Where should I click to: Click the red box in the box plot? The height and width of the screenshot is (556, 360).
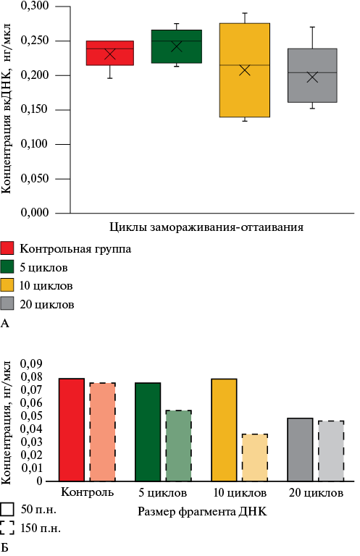coord(110,53)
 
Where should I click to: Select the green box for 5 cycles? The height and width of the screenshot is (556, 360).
coord(177,46)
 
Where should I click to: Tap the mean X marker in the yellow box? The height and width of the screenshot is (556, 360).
coord(245,70)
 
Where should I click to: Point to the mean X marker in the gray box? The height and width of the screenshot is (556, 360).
coord(312,77)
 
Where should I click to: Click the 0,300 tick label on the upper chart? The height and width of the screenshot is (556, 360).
coord(35,6)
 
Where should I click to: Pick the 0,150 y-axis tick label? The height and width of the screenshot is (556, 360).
coord(35,109)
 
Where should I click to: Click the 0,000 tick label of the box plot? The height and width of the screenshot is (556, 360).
coord(35,212)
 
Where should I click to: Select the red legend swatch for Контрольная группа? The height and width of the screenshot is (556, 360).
coord(7,248)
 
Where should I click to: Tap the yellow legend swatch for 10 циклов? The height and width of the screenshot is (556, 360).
coord(7,285)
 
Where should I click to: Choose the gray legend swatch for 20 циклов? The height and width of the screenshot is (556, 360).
coord(7,303)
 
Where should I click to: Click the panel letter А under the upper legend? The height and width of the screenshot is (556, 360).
coord(4,324)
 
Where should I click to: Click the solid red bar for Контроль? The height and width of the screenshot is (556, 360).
coord(72,430)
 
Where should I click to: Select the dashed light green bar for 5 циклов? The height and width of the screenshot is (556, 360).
coord(179,446)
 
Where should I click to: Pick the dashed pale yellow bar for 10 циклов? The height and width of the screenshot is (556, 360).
coord(255,458)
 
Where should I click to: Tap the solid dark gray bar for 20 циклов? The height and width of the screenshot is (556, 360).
coord(300,450)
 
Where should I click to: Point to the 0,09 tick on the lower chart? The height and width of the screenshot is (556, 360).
coord(31,364)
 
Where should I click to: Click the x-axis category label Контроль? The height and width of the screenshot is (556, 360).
coord(87,492)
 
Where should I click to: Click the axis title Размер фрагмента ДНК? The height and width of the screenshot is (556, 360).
coord(202,512)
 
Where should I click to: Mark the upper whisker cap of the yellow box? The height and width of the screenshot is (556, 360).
coord(245,13)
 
